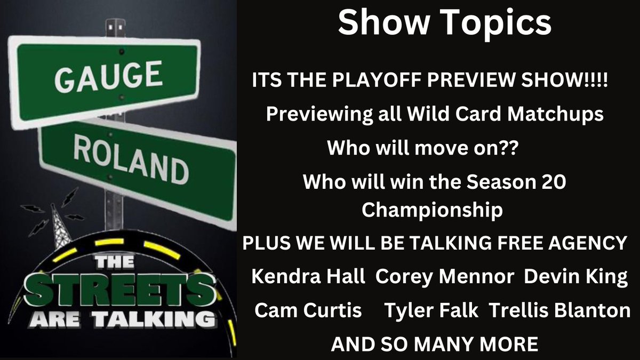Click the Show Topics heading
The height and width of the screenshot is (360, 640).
point(445,23)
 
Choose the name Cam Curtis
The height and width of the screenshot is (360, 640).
point(308,310)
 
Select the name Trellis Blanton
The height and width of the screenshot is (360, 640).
point(559,310)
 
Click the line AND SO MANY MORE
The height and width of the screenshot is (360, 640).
point(435,344)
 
